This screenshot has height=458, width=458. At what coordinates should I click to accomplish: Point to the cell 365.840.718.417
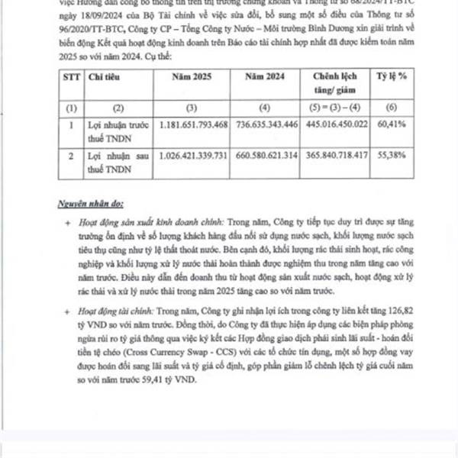pos(337,155)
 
